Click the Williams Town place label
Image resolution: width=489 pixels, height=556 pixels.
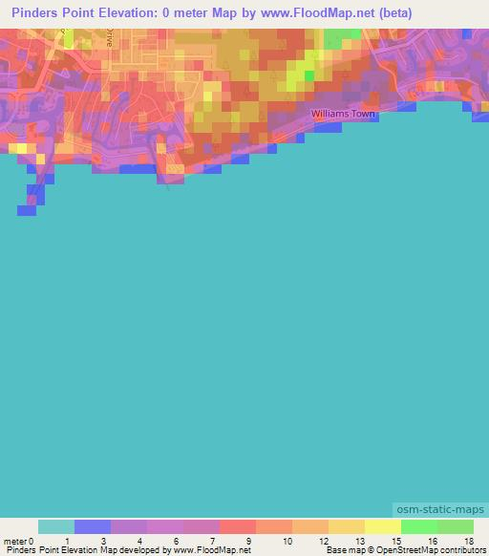pyautogui.click(x=344, y=115)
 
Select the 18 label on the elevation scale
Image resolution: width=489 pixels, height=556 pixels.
pyautogui.click(x=467, y=540)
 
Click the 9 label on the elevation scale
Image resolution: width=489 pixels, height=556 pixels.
pyautogui.click(x=249, y=540)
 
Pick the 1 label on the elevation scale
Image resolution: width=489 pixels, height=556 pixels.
pyautogui.click(x=66, y=540)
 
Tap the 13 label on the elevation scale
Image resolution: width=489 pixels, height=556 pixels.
pyautogui.click(x=358, y=540)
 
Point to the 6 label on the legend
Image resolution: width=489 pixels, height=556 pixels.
pyautogui.click(x=176, y=540)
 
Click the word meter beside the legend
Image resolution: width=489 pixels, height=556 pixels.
pyautogui.click(x=14, y=540)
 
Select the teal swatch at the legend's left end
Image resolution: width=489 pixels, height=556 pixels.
pyautogui.click(x=56, y=526)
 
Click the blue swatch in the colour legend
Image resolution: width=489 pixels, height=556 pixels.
pyautogui.click(x=93, y=526)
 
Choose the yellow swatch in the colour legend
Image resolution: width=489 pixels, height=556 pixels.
pyautogui.click(x=383, y=526)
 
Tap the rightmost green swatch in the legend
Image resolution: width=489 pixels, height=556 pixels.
pyautogui.click(x=456, y=526)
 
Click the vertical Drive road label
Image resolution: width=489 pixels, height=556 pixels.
pyautogui.click(x=111, y=38)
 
